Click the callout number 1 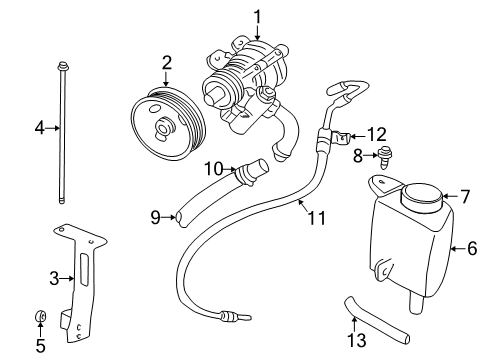pos(257,15)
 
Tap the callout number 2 pos(167,63)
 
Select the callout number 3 pos(39,277)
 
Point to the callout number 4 pos(39,127)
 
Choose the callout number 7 pos(463,196)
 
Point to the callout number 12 pos(375,134)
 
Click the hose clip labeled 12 pos(343,138)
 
